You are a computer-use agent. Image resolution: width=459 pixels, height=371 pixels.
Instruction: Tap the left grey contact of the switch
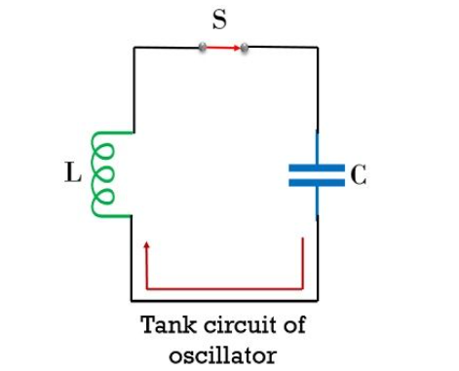pyautogui.click(x=203, y=47)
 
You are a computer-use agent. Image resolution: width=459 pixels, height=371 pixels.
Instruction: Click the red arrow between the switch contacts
pyautogui.click(x=223, y=47)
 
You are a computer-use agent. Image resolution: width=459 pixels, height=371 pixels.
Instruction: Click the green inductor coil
pyautogui.click(x=106, y=174)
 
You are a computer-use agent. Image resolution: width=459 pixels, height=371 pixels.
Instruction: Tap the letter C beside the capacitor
pyautogui.click(x=359, y=175)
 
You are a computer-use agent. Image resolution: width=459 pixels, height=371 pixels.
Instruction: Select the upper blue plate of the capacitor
pyautogui.click(x=317, y=167)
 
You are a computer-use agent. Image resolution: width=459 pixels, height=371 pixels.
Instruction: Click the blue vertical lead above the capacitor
pyautogui.click(x=317, y=146)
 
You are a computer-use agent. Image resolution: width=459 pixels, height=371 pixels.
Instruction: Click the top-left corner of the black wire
pyautogui.click(x=133, y=47)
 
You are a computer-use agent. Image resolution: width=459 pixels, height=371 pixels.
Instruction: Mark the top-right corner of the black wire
pyautogui.click(x=317, y=47)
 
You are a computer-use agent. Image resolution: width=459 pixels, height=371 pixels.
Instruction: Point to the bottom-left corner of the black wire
pyautogui.click(x=133, y=298)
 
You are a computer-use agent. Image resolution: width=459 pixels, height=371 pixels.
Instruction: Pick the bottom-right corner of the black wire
pyautogui.click(x=317, y=298)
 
